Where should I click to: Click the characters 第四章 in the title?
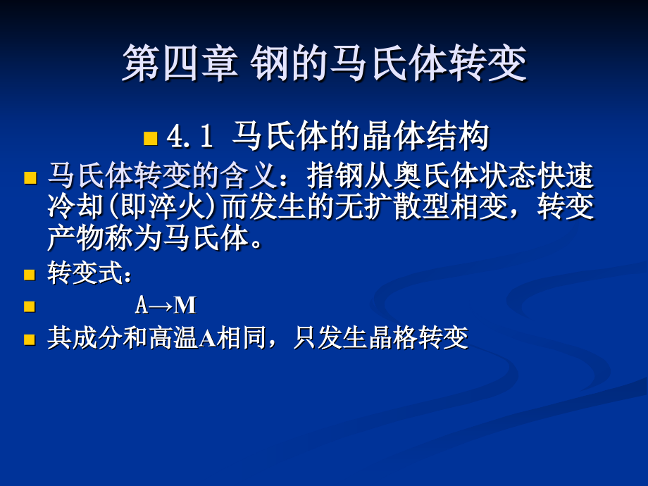[x=180, y=63]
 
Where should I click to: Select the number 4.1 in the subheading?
[x=189, y=137]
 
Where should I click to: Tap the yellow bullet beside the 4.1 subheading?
[x=151, y=138]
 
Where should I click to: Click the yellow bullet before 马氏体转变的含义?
[x=30, y=177]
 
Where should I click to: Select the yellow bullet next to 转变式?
[x=30, y=275]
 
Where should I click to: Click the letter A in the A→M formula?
[x=142, y=306]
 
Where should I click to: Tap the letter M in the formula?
[x=185, y=306]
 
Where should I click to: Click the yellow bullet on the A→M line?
[x=30, y=306]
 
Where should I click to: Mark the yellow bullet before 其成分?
[x=30, y=339]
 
